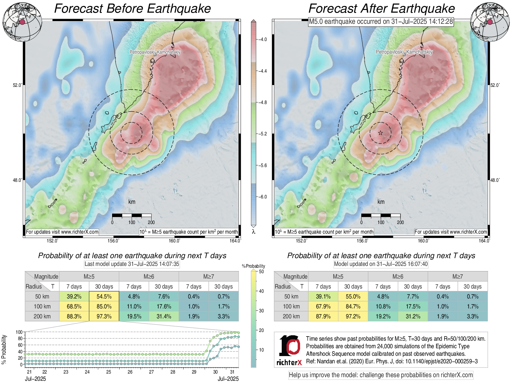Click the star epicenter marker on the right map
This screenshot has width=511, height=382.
pyautogui.click(x=381, y=133)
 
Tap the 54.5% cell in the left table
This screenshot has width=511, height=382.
pyautogui.click(x=104, y=296)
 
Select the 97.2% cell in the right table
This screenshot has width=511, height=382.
pyautogui.click(x=353, y=316)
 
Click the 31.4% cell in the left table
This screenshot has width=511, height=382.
pyautogui.click(x=164, y=316)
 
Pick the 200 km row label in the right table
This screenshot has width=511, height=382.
pyautogui.click(x=291, y=316)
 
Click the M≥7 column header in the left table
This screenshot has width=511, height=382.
pyautogui.click(x=208, y=276)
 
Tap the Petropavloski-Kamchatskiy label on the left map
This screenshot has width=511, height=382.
pyautogui.click(x=155, y=52)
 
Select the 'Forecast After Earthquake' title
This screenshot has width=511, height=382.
pyautogui.click(x=381, y=8)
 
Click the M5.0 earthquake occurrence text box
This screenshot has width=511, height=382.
pyautogui.click(x=381, y=22)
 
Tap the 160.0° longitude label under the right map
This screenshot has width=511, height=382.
pyautogui.click(x=423, y=241)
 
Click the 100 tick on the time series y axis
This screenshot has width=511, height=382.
pyautogui.click(x=19, y=332)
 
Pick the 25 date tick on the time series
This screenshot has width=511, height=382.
pyautogui.click(x=108, y=372)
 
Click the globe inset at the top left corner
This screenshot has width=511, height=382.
pyautogui.click(x=22, y=22)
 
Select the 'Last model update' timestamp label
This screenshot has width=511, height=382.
pyautogui.click(x=132, y=264)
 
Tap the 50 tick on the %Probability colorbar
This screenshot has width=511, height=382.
pyautogui.click(x=261, y=272)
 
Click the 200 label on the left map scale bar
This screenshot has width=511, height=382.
pyautogui.click(x=151, y=223)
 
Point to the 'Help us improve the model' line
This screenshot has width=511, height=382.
pyautogui.click(x=381, y=375)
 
